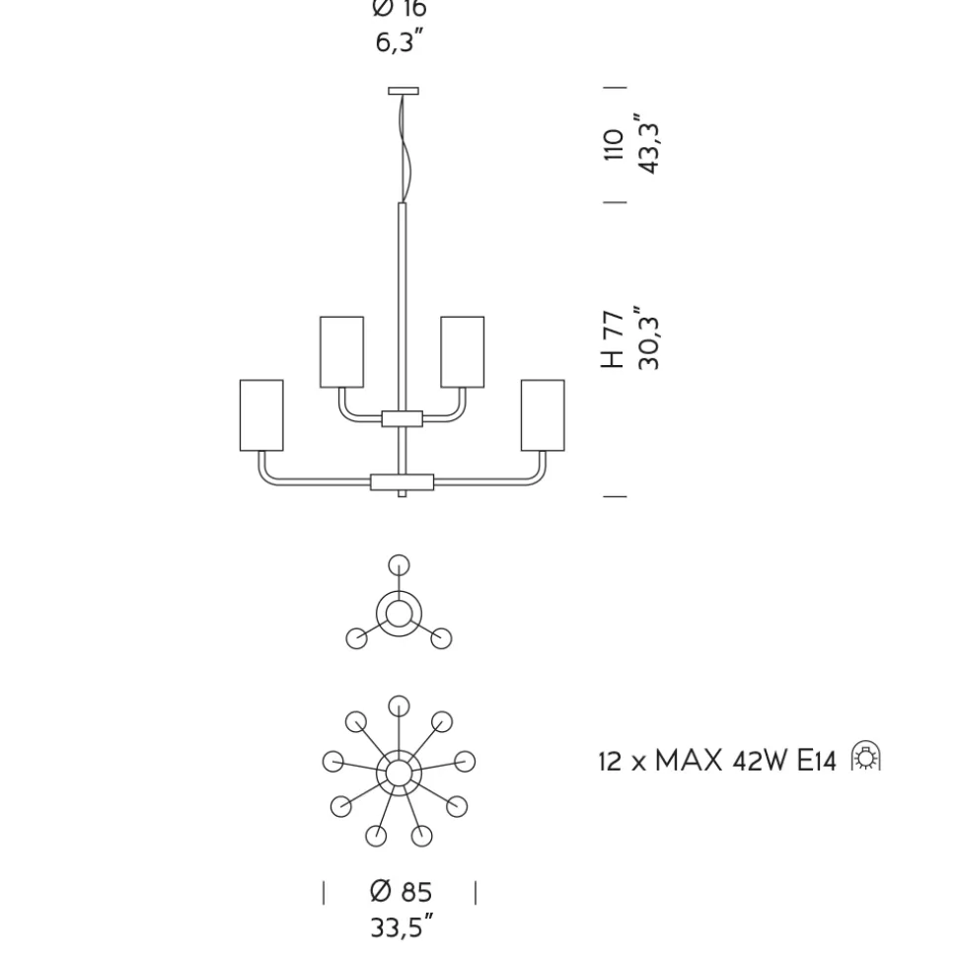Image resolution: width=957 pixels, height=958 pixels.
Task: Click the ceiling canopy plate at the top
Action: pos(404,91)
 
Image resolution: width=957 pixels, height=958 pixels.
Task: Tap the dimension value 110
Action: pos(614,145)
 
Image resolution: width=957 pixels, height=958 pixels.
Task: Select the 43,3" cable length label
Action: pos(648,144)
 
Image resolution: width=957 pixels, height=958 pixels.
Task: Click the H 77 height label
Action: pos(613,339)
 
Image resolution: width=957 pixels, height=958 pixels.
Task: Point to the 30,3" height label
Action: pos(648,337)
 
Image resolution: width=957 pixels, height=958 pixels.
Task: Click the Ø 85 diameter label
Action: pos(402,892)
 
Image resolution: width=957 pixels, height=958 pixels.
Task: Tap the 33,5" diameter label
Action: pos(403,926)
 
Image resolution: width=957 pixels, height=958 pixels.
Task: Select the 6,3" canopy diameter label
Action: pos(400,41)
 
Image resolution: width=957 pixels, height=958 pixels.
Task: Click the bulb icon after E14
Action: pos(866,757)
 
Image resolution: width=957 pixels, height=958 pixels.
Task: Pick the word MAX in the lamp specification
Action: pos(689,762)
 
